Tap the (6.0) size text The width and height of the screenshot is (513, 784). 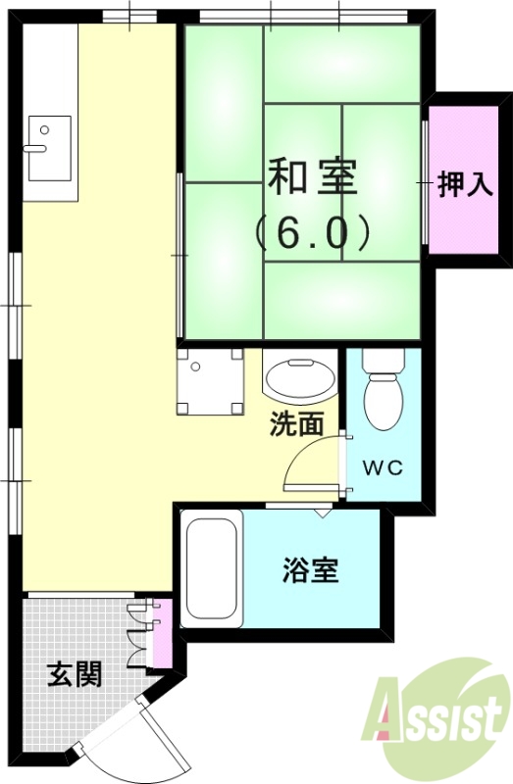coord(313,231)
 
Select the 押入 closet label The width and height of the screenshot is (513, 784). coord(463,183)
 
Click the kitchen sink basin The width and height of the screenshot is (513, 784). coord(49,147)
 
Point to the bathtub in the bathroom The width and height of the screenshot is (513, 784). coord(211,569)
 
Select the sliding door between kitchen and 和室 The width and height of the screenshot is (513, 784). coord(180,255)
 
